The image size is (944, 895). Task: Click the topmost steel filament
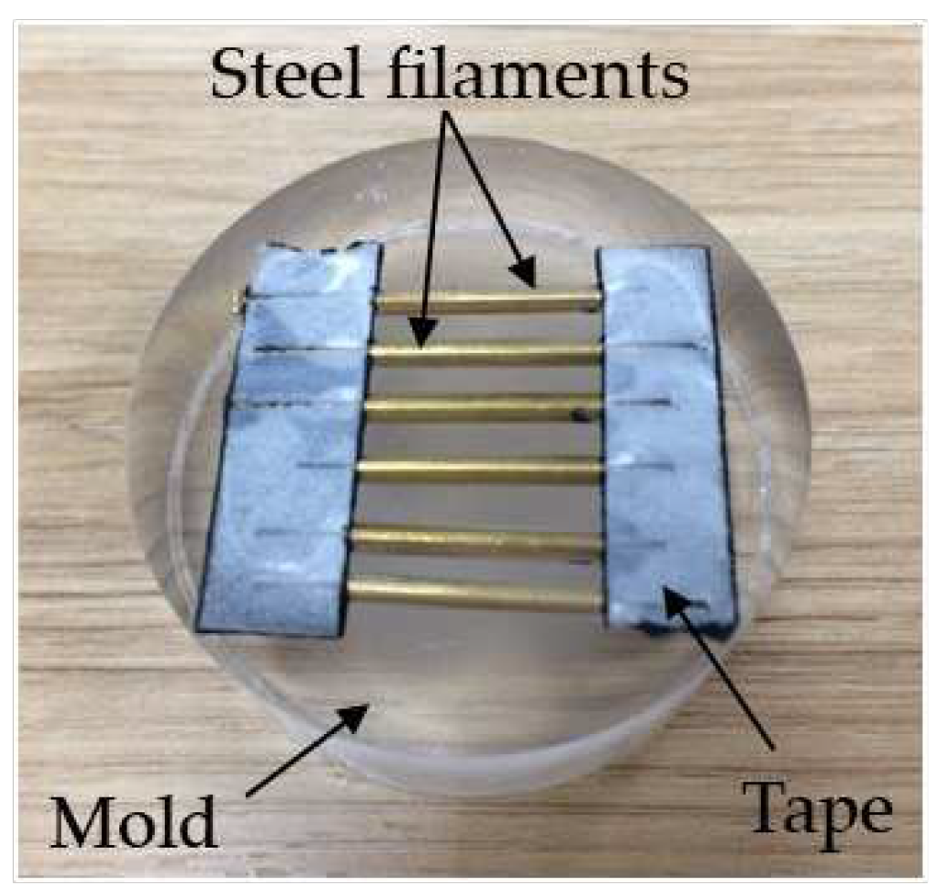click(487, 300)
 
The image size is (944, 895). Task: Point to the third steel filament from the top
click(482, 408)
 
